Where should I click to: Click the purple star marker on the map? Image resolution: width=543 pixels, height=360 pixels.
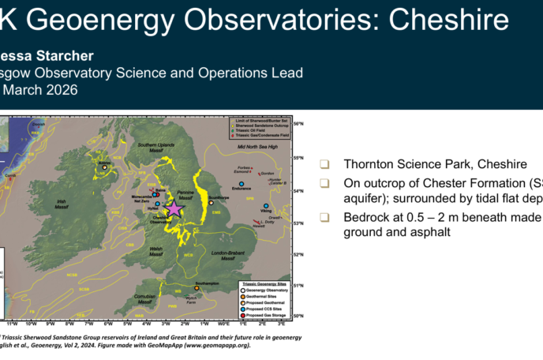click(x=174, y=208)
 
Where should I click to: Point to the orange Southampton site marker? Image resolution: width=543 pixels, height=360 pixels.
click(x=197, y=288)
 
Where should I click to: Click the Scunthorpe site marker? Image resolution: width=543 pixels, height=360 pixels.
click(x=212, y=202)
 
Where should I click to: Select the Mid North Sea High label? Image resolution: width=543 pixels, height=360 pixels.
click(x=253, y=147)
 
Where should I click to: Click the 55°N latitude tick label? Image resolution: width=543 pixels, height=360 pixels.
click(x=298, y=159)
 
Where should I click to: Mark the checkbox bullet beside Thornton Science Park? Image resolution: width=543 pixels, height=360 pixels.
click(x=324, y=164)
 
